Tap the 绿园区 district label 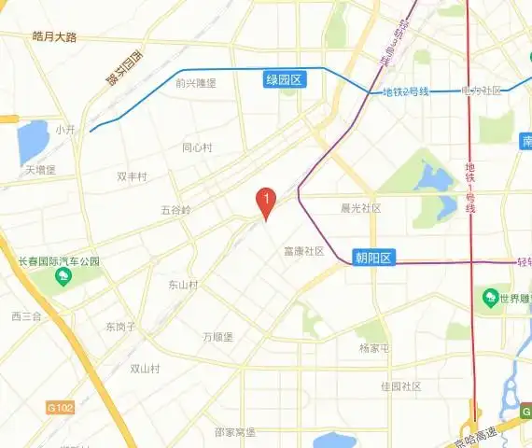click(286, 81)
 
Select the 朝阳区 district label click(376, 258)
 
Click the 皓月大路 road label click(54, 36)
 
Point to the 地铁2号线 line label click(406, 91)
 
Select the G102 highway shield click(59, 408)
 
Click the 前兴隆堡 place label click(195, 82)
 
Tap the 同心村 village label click(197, 147)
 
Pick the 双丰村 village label click(132, 175)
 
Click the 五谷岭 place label click(175, 210)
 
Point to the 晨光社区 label click(361, 208)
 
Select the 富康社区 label click(303, 251)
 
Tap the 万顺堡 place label click(217, 336)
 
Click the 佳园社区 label click(401, 385)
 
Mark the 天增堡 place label click(41, 170)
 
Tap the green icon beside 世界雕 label click(489, 298)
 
